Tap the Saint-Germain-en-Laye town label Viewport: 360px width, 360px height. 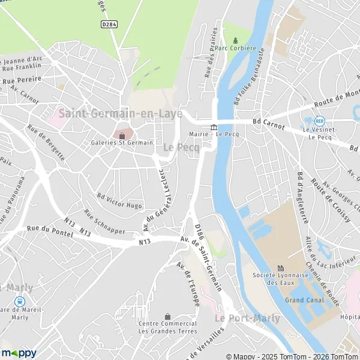pos(121,113)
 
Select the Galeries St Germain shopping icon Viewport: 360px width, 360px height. pos(122,135)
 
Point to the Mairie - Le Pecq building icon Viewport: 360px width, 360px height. pos(214,126)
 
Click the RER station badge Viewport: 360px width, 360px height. pos(319,121)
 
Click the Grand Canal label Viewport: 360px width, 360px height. pos(304,300)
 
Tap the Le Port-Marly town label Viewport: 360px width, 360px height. pos(247,318)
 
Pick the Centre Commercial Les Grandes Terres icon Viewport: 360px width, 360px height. pos(167,316)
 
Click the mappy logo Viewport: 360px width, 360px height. pos(19,353)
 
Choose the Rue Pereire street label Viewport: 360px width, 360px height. pos(22,79)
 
